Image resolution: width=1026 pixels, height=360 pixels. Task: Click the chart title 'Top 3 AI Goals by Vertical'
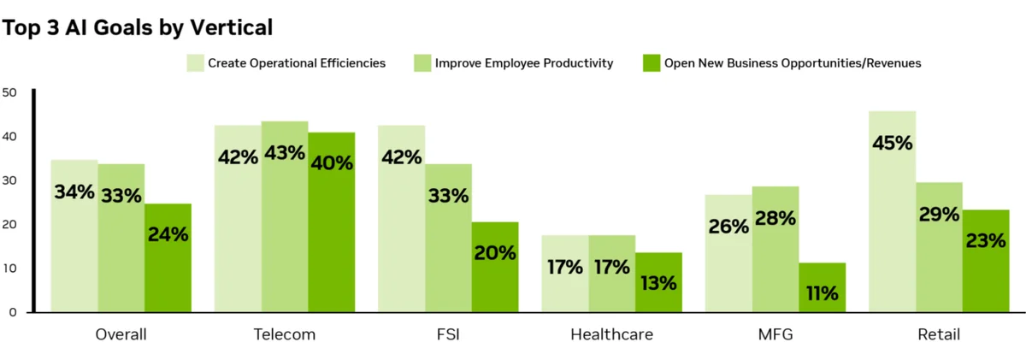[x=138, y=27]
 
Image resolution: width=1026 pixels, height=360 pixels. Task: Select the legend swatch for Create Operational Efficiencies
[x=195, y=63]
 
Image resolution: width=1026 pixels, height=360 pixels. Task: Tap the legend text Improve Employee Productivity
[x=524, y=63]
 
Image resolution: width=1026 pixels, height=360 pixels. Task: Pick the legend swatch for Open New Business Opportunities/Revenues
[x=651, y=63]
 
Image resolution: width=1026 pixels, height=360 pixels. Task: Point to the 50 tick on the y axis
[x=9, y=92]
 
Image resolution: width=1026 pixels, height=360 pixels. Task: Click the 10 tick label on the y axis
[x=9, y=269]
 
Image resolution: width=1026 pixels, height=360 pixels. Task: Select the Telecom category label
[x=285, y=334]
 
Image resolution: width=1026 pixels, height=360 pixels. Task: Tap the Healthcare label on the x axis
[x=611, y=334]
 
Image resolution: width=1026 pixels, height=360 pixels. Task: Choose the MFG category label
[x=775, y=334]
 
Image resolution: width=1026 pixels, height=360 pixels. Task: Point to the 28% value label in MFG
[x=775, y=218]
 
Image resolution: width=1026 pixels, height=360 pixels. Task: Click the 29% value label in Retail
[x=939, y=215]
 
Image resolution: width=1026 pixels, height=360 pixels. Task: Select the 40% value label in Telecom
[x=332, y=162]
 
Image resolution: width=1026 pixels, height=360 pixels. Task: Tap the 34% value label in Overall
[x=74, y=192]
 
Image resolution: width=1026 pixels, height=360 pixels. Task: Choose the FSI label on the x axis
[x=447, y=334]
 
